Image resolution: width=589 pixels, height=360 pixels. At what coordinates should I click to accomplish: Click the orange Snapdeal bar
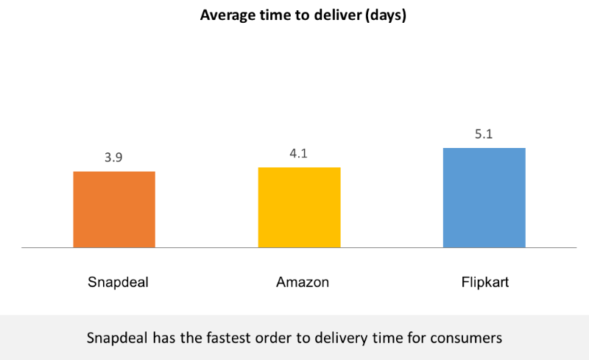point(114,209)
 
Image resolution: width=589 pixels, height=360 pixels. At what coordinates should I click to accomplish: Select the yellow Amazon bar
point(299,207)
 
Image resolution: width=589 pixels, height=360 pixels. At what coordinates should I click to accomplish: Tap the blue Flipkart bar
point(484,197)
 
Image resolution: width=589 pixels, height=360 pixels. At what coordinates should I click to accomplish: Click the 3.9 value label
point(114,158)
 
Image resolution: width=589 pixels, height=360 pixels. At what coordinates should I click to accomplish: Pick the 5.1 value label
point(484,135)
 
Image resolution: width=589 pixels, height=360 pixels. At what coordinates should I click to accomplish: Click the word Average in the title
point(226,15)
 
